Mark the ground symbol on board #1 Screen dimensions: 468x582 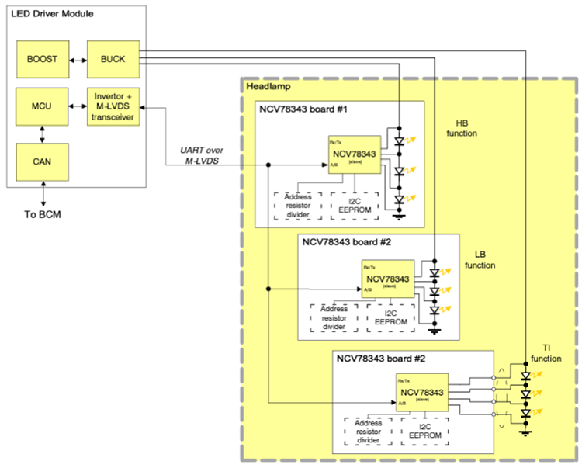399,217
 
